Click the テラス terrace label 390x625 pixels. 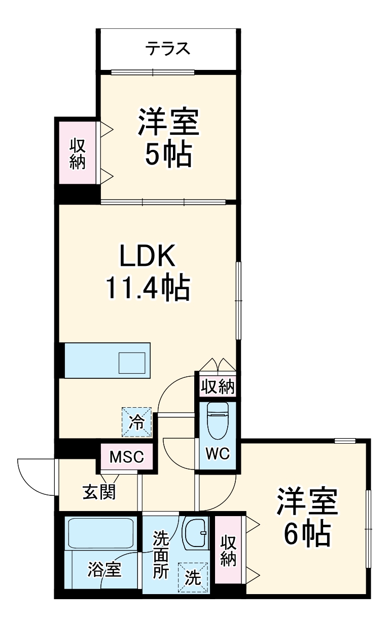point(168,49)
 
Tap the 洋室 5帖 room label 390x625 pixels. point(167,137)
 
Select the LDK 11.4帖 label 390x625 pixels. point(147,274)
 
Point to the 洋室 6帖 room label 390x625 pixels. point(307,517)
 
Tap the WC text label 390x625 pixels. point(218,452)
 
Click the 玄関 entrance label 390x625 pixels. point(99,491)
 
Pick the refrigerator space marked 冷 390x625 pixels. point(136,421)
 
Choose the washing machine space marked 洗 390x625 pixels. point(193,577)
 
